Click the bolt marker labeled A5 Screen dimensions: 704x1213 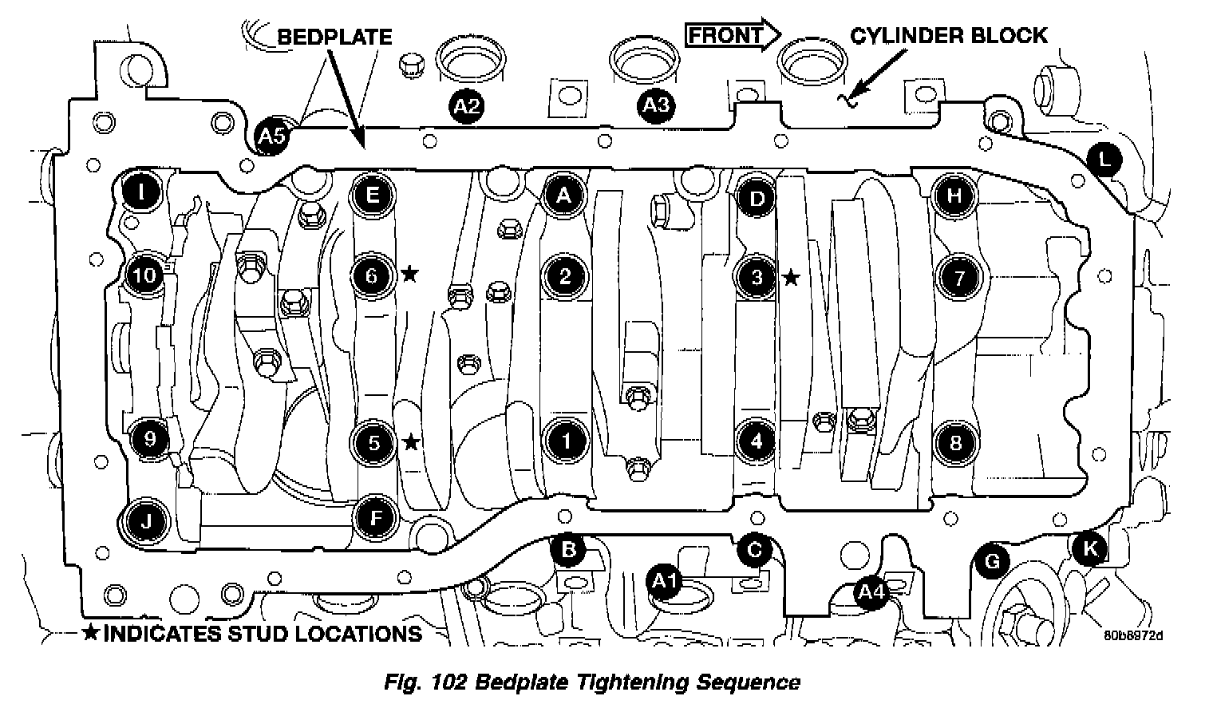point(271,136)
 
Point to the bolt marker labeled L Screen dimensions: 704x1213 point(1104,160)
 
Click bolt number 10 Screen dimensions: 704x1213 point(145,276)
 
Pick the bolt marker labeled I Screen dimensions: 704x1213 point(141,192)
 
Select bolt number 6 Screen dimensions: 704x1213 point(372,276)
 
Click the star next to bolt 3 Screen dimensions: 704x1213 point(790,278)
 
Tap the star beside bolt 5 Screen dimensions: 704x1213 point(411,441)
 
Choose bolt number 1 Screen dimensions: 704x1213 point(565,441)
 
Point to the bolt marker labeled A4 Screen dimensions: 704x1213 point(869,592)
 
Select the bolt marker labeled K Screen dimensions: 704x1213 point(1089,548)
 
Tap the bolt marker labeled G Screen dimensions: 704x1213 point(992,561)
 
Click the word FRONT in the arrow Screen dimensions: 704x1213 point(725,35)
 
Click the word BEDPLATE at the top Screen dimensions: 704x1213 point(334,37)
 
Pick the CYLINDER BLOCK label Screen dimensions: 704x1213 point(948,35)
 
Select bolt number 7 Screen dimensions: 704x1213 point(958,278)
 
